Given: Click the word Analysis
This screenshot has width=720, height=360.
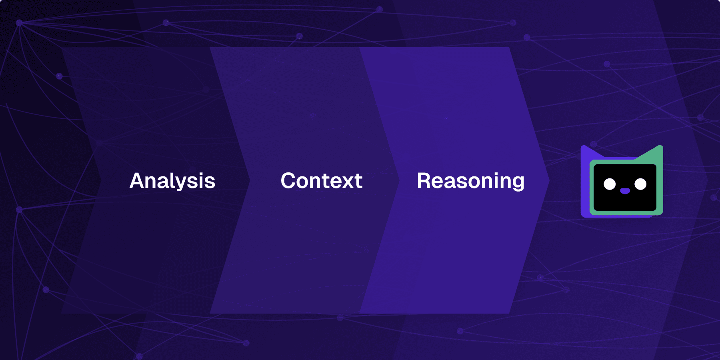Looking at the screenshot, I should [x=172, y=181].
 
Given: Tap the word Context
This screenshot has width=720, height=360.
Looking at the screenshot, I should [x=322, y=181].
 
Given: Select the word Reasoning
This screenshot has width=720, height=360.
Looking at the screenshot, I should [x=470, y=181].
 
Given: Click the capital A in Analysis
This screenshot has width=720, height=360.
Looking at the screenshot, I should [x=137, y=181].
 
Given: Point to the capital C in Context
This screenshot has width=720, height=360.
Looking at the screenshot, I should [x=289, y=181].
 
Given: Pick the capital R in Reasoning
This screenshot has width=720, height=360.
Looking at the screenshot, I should [x=424, y=181].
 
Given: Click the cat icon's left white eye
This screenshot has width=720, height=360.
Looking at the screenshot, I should [x=610, y=184].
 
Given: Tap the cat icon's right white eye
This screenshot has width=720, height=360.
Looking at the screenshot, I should [x=640, y=184].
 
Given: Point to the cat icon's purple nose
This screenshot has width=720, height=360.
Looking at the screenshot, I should [x=625, y=191].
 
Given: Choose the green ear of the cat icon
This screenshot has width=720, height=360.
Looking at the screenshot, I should [x=654, y=154].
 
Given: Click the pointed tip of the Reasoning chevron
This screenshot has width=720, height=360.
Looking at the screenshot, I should [x=549, y=181].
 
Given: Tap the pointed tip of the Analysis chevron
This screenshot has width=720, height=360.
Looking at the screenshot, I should [x=250, y=181].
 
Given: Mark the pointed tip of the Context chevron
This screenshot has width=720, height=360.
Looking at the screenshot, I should [x=399, y=181].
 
